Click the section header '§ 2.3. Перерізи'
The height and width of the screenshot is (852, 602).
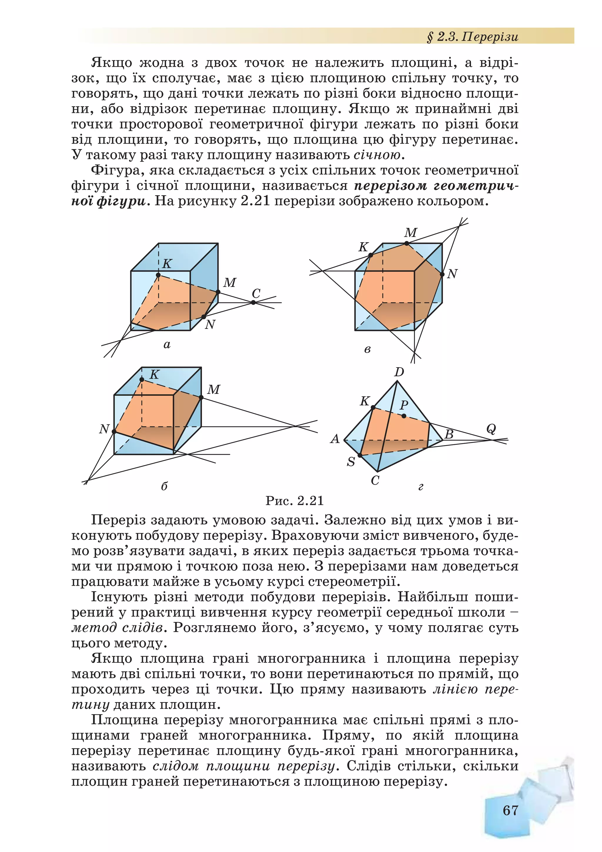coord(473,37)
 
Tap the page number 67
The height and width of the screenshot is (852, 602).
coord(510,811)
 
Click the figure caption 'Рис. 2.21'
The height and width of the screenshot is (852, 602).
coord(295,501)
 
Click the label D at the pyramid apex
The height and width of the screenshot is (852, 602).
coord(399,372)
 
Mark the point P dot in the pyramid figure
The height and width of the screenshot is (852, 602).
coord(404,416)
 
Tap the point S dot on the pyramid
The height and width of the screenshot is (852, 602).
coord(360,455)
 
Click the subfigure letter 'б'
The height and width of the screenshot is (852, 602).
coord(164,486)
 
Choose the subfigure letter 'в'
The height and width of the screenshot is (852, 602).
coord(367,349)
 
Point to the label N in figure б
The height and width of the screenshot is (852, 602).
coord(104,429)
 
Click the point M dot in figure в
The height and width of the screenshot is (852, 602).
coord(407,243)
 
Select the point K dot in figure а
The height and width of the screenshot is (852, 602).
coord(158,275)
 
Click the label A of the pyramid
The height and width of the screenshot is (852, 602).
coord(335,439)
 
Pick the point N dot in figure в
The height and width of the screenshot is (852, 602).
coord(442,274)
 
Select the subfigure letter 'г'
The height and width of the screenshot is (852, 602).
coord(421,487)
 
